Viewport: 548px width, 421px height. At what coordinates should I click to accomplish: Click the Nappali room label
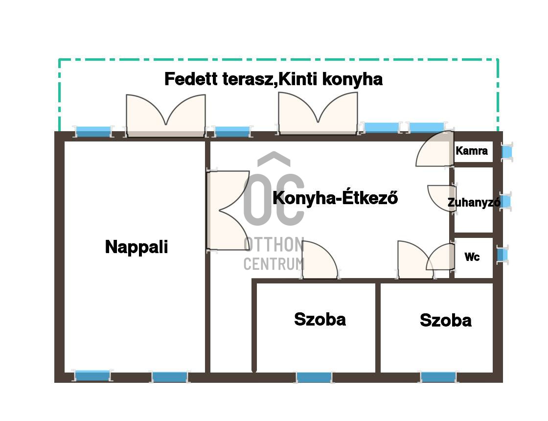point(137,247)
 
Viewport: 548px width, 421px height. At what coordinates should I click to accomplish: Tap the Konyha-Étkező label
point(335,198)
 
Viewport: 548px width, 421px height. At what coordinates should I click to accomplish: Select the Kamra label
point(472,151)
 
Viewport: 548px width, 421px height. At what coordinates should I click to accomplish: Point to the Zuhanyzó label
point(474,202)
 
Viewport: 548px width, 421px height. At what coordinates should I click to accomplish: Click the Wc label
point(472,257)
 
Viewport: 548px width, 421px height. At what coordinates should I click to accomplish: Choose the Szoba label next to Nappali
point(320,319)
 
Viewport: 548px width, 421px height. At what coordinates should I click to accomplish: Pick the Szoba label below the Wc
point(446,320)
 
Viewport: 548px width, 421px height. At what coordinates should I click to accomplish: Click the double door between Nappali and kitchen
point(228,210)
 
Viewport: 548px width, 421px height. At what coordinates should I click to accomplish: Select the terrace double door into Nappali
point(166,116)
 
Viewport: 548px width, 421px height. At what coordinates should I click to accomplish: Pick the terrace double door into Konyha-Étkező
point(318,113)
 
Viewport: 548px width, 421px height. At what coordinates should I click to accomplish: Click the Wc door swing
point(440,257)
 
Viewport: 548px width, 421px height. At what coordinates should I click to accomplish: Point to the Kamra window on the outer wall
point(506,152)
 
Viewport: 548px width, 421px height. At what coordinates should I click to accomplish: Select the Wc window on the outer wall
point(502,255)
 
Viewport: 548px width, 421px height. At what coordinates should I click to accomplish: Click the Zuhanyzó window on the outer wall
point(506,201)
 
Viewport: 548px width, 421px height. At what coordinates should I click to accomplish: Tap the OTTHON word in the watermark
point(274,244)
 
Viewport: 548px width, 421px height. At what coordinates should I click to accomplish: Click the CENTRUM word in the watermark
point(274,264)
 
